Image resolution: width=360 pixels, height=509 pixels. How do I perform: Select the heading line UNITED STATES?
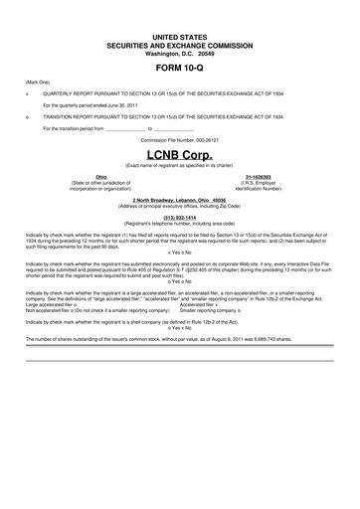point(180,35)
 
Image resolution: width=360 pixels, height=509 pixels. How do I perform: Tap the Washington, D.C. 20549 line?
point(180,53)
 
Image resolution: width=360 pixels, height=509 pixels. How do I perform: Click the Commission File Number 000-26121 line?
point(180,142)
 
